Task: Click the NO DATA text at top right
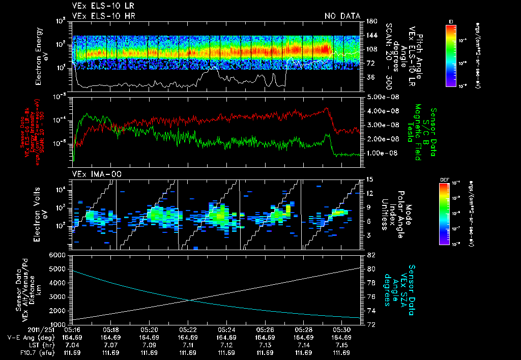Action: (x=342, y=16)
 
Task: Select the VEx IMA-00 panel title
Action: (x=92, y=174)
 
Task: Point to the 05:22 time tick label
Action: (x=188, y=329)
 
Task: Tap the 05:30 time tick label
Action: (x=341, y=329)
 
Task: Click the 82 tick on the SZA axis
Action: (x=371, y=255)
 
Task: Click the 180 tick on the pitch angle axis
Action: (x=371, y=21)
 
